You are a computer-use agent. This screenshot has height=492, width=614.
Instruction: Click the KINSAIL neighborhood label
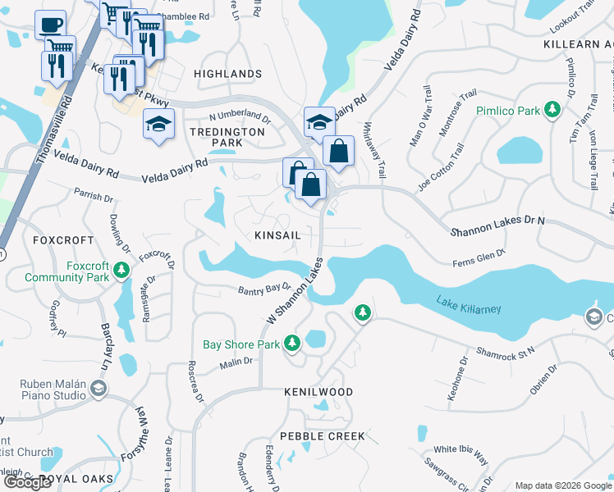pyautogui.click(x=277, y=235)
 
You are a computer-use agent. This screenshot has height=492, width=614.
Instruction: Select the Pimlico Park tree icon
pyautogui.click(x=553, y=110)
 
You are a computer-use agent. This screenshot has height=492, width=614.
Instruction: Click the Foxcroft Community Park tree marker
pyautogui.click(x=121, y=269)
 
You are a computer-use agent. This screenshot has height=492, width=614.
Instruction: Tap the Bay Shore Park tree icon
pyautogui.click(x=293, y=345)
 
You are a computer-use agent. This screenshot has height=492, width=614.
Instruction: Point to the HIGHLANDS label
pyautogui.click(x=227, y=74)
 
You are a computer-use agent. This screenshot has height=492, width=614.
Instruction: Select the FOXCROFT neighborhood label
pyautogui.click(x=59, y=240)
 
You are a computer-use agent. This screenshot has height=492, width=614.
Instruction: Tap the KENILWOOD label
pyautogui.click(x=318, y=393)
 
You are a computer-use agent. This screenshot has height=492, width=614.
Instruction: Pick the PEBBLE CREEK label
pyautogui.click(x=322, y=436)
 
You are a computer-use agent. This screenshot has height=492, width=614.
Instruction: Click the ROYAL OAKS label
pyautogui.click(x=76, y=478)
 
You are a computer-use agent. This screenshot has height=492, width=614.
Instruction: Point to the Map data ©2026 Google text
pyautogui.click(x=563, y=485)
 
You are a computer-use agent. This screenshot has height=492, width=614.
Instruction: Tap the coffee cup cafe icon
pyautogui.click(x=50, y=24)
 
